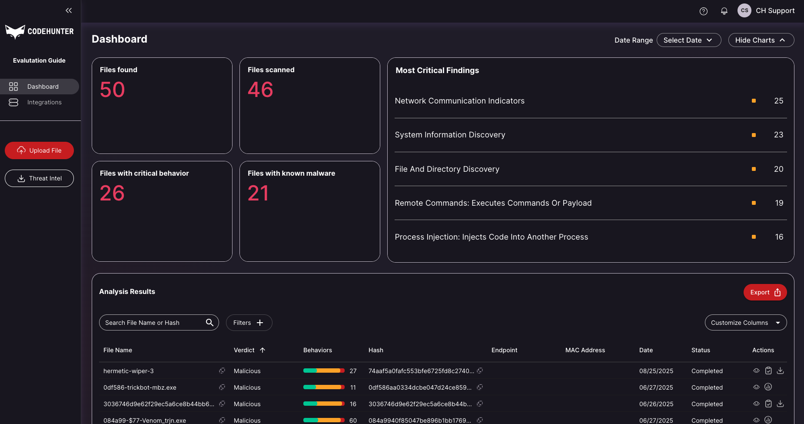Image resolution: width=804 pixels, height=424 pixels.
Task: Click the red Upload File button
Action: click(39, 150)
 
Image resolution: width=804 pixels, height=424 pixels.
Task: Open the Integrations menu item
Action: click(44, 102)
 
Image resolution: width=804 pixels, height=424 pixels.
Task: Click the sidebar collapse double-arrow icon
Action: click(69, 10)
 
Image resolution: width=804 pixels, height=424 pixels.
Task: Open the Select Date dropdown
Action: click(688, 40)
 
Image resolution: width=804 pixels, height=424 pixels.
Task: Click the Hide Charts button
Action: click(761, 40)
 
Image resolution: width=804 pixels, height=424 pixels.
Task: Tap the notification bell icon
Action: click(724, 11)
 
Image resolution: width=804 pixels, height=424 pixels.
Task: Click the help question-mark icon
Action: click(704, 11)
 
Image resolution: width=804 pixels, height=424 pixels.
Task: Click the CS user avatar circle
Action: click(744, 10)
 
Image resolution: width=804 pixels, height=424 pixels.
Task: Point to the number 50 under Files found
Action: click(112, 90)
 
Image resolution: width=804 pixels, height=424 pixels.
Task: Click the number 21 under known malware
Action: click(258, 193)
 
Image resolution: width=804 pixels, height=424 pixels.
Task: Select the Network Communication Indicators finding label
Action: click(459, 101)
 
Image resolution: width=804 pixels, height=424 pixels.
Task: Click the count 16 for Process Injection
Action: click(779, 237)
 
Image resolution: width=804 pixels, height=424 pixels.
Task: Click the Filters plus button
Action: click(249, 323)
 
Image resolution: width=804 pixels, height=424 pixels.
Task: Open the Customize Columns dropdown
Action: click(745, 323)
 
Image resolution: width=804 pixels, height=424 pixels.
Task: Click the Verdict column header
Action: click(244, 350)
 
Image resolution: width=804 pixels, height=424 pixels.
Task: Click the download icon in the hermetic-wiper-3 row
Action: click(780, 371)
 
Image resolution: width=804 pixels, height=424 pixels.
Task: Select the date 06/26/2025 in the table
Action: click(656, 404)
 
